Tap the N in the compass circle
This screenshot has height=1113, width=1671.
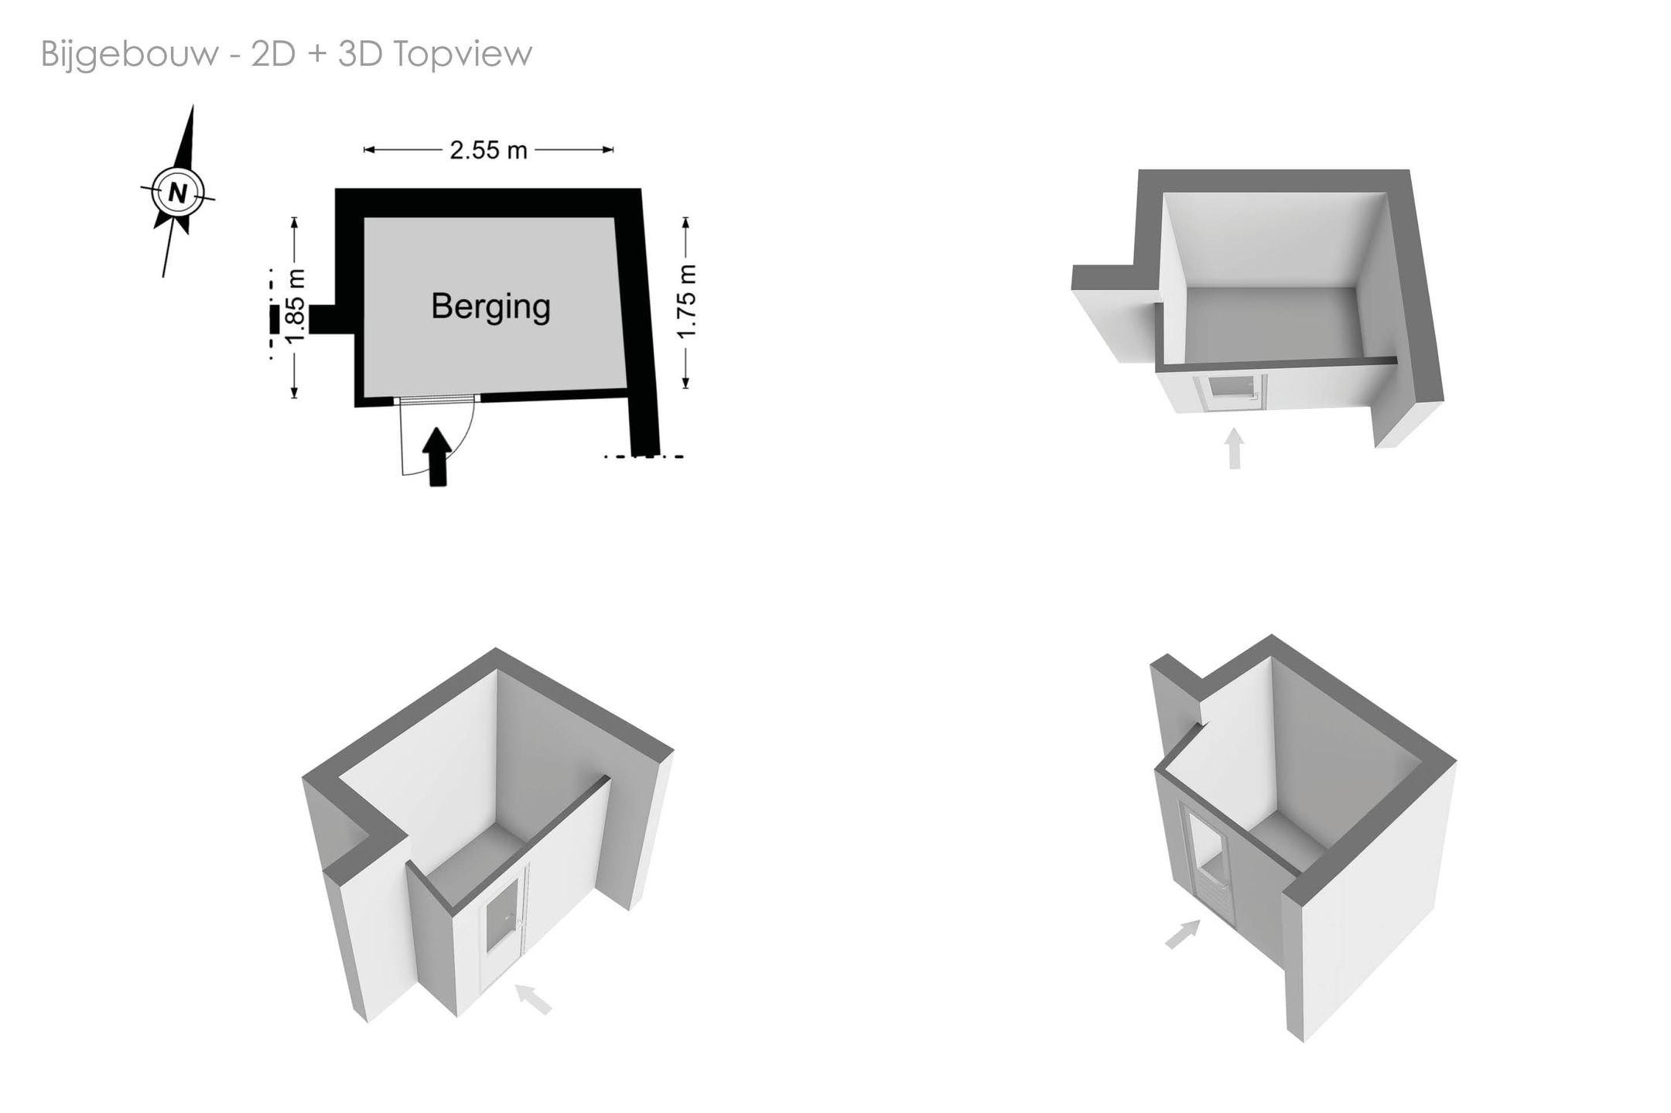tap(178, 193)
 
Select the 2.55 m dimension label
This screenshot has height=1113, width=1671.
tap(488, 149)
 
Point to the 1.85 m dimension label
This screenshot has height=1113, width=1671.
tap(296, 306)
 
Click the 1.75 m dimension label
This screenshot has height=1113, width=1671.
tap(687, 302)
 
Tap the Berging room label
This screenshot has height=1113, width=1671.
tap(491, 306)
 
